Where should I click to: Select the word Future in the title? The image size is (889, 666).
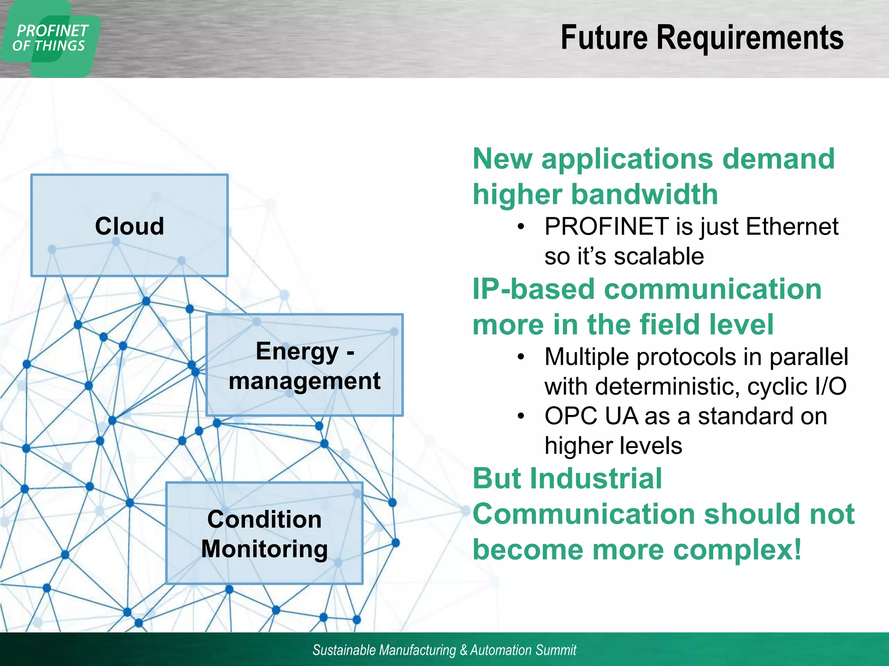tap(604, 38)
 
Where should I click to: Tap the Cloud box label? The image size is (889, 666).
tap(129, 226)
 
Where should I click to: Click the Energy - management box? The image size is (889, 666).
tap(304, 365)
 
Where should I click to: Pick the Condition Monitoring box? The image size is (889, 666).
tap(264, 533)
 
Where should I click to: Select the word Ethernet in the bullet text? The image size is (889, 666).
tap(792, 226)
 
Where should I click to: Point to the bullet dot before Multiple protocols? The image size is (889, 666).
tap(521, 357)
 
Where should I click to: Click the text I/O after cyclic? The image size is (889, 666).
tap(830, 386)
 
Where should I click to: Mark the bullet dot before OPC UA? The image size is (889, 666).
tap(521, 416)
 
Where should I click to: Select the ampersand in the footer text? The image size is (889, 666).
tap(463, 650)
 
